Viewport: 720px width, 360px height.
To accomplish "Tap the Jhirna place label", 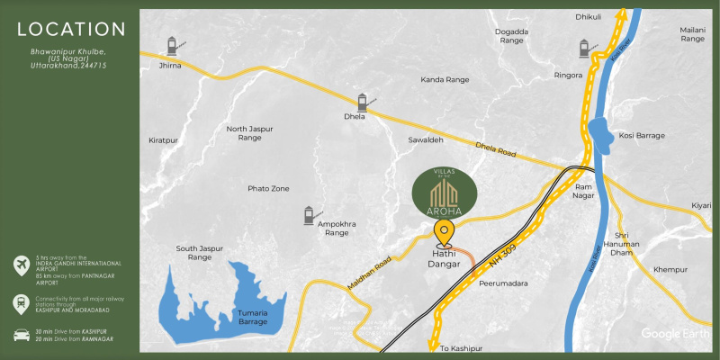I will click(x=169, y=66).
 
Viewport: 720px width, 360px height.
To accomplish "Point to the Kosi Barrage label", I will click(x=642, y=136).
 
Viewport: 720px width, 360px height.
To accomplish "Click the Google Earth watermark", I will click(x=674, y=334).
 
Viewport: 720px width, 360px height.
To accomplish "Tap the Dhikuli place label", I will click(x=588, y=17).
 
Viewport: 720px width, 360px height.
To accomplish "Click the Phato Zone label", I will click(x=268, y=188).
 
